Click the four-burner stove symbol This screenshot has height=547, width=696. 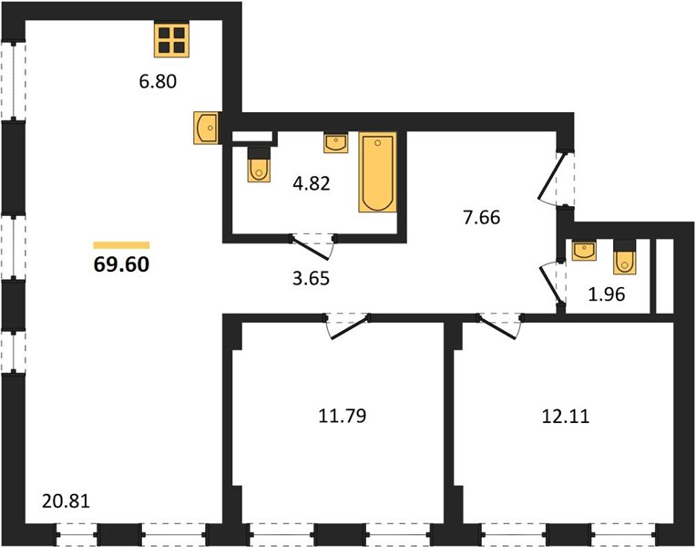pos(172,40)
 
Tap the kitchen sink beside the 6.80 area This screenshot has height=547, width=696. pos(207,128)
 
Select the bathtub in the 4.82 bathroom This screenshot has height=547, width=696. pos(378,172)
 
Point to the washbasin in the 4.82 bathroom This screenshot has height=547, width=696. pos(336,142)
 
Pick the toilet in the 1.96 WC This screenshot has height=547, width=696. pos(625,257)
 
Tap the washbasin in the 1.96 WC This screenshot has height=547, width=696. pos(584,250)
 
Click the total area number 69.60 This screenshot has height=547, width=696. pos(122,264)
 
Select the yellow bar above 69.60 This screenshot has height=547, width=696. pos(122,245)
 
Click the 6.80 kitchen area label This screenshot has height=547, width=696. pos(158,82)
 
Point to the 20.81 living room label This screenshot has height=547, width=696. pos(67,501)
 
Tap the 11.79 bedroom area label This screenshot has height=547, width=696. pos(343,417)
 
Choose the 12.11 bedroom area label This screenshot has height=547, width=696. pos(566,417)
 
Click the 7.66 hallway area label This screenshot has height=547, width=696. pos(482,218)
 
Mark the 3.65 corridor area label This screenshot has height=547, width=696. pos(312,279)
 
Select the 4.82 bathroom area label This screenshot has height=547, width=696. pos(312,183)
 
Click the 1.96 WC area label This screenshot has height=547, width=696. pos(607,294)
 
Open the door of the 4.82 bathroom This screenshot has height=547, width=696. pos(312,247)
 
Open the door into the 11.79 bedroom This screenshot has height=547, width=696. pos(348,326)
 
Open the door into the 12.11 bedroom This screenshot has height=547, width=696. pos(499,326)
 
